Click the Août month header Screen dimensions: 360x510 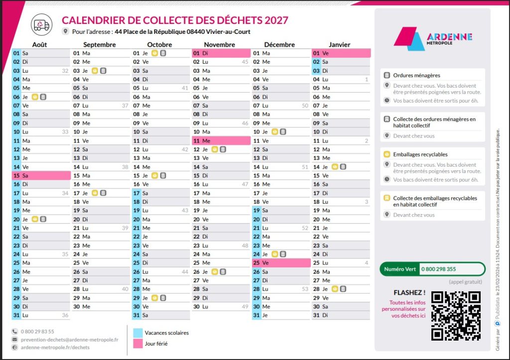(40, 44)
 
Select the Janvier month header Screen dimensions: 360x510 (339, 44)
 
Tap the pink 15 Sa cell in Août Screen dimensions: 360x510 (41, 175)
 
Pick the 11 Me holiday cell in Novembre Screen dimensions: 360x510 (221, 140)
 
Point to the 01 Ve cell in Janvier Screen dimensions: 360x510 (341, 53)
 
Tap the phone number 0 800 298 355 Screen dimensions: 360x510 (438, 269)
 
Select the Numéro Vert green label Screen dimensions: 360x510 (399, 269)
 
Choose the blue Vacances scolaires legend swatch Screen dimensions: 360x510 (137, 333)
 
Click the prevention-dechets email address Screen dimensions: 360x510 (69, 340)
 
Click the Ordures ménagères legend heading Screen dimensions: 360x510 (416, 75)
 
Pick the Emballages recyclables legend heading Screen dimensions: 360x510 (420, 154)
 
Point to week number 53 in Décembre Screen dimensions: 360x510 (305, 289)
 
